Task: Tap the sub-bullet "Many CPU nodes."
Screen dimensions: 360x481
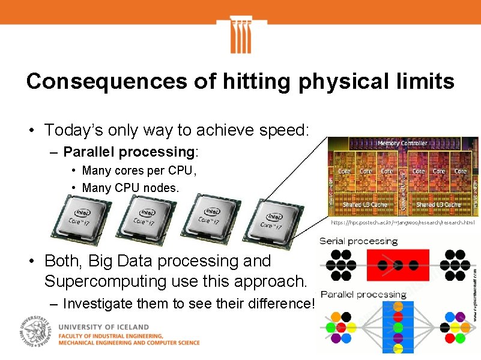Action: click(130, 188)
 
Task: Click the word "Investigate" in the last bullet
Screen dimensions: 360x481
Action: click(100, 304)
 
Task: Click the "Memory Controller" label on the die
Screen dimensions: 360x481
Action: click(402, 143)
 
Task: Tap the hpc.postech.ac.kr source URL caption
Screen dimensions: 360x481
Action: click(403, 223)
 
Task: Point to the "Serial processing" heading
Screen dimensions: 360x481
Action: click(358, 241)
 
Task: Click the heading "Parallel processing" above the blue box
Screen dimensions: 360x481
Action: click(363, 295)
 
